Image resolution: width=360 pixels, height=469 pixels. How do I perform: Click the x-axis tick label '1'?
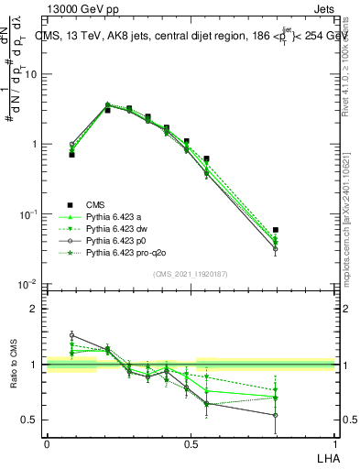click(x=334, y=443)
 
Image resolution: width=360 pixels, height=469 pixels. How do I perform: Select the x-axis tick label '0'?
click(x=47, y=443)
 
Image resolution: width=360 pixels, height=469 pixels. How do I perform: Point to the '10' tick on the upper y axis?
click(x=30, y=74)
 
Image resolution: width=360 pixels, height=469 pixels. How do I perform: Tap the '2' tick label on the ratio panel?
click(x=35, y=309)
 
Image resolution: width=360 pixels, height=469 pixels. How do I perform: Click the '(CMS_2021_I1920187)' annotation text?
click(x=191, y=273)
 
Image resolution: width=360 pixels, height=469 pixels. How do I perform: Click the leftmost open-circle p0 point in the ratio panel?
click(x=72, y=335)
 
